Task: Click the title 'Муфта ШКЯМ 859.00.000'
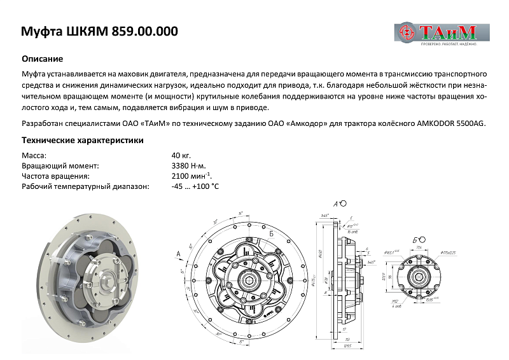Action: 100,32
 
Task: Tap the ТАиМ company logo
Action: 442,32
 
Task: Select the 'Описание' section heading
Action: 42,58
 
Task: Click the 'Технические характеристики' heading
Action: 82,140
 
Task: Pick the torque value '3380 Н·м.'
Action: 188,165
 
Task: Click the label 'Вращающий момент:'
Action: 60,165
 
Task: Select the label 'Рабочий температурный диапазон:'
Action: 85,186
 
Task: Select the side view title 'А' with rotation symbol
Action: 338,204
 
